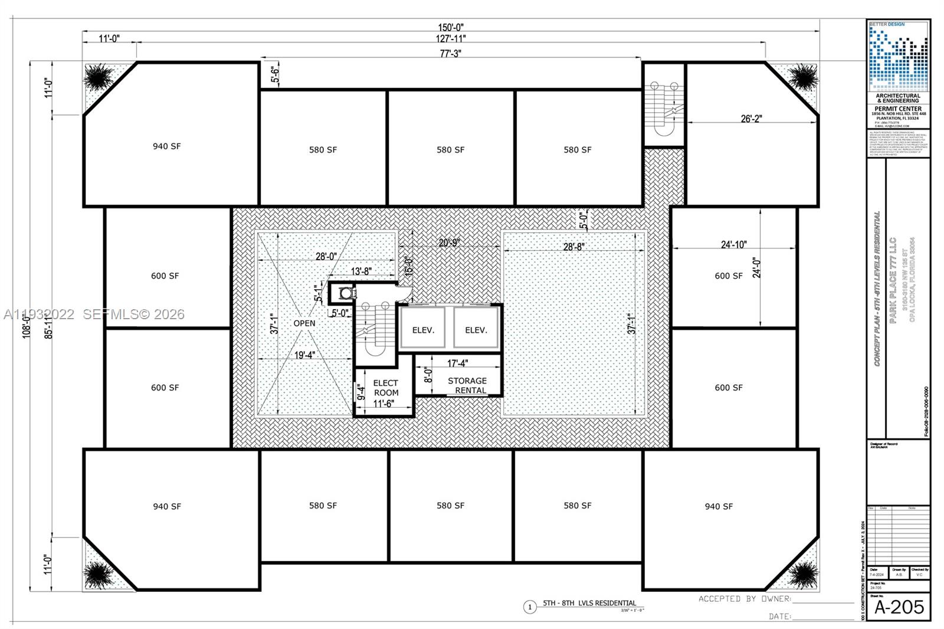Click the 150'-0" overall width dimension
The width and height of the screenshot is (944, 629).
tap(451, 27)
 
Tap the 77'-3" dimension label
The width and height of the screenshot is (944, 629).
tap(450, 53)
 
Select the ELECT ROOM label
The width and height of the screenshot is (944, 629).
tap(386, 388)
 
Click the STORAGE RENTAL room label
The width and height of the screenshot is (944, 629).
tap(467, 385)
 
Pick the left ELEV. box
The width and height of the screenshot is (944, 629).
tap(423, 329)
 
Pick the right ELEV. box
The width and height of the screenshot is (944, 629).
tap(476, 329)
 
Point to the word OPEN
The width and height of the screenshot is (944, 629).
tap(304, 323)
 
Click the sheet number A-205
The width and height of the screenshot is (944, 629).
tap(899, 607)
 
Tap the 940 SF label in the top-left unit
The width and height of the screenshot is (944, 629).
tap(167, 146)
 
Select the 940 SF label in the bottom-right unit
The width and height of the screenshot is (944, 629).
tap(719, 506)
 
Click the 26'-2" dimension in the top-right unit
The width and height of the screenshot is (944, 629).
tap(751, 119)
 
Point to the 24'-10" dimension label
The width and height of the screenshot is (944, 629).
tap(733, 244)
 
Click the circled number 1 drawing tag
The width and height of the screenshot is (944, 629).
tap(530, 607)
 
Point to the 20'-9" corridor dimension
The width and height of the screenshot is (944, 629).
tap(450, 243)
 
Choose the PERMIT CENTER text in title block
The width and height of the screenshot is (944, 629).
tap(898, 109)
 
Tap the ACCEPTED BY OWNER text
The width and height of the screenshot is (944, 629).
tap(745, 599)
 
